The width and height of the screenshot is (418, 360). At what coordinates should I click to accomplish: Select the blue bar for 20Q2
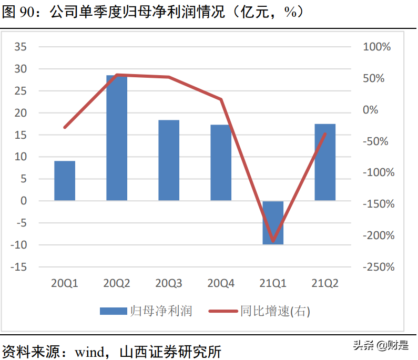pos(117,138)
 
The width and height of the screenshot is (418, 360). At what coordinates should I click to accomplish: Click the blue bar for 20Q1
pos(65,180)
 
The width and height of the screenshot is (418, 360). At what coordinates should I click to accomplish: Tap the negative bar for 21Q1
pos(273,222)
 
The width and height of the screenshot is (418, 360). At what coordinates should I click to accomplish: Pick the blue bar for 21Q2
pos(325,162)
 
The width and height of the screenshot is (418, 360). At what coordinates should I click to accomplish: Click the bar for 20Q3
pos(169,160)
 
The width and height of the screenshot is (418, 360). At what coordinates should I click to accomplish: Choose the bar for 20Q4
pos(221,162)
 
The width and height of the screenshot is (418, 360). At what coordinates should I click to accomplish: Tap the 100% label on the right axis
pos(377,47)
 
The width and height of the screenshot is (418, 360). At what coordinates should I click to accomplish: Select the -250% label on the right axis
pos(378,267)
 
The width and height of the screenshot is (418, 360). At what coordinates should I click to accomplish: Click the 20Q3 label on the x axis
pos(169,284)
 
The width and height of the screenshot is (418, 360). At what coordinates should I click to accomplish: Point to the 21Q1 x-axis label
pos(273,284)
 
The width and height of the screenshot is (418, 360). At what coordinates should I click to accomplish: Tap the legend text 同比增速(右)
pos(275,312)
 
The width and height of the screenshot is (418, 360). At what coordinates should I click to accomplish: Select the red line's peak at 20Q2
pos(117,75)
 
